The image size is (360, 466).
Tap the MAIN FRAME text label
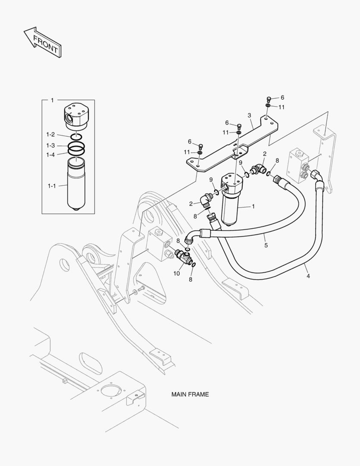[x=190, y=394]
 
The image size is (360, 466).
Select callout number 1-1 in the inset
[x=52, y=186]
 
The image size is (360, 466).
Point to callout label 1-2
[x=51, y=135]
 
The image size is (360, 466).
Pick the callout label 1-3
[x=51, y=145]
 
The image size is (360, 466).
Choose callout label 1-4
[x=51, y=154]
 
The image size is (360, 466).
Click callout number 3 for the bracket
[x=249, y=115]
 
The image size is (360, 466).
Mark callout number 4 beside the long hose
[x=307, y=275]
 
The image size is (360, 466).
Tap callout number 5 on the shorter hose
[x=266, y=245]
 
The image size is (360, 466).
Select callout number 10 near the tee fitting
[x=176, y=274]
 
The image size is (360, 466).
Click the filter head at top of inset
[x=75, y=114]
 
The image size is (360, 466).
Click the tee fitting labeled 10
[x=184, y=258]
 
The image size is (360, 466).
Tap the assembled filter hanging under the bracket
[x=232, y=198]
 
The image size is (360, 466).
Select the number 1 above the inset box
[x=52, y=100]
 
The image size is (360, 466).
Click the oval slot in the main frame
[x=91, y=363]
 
